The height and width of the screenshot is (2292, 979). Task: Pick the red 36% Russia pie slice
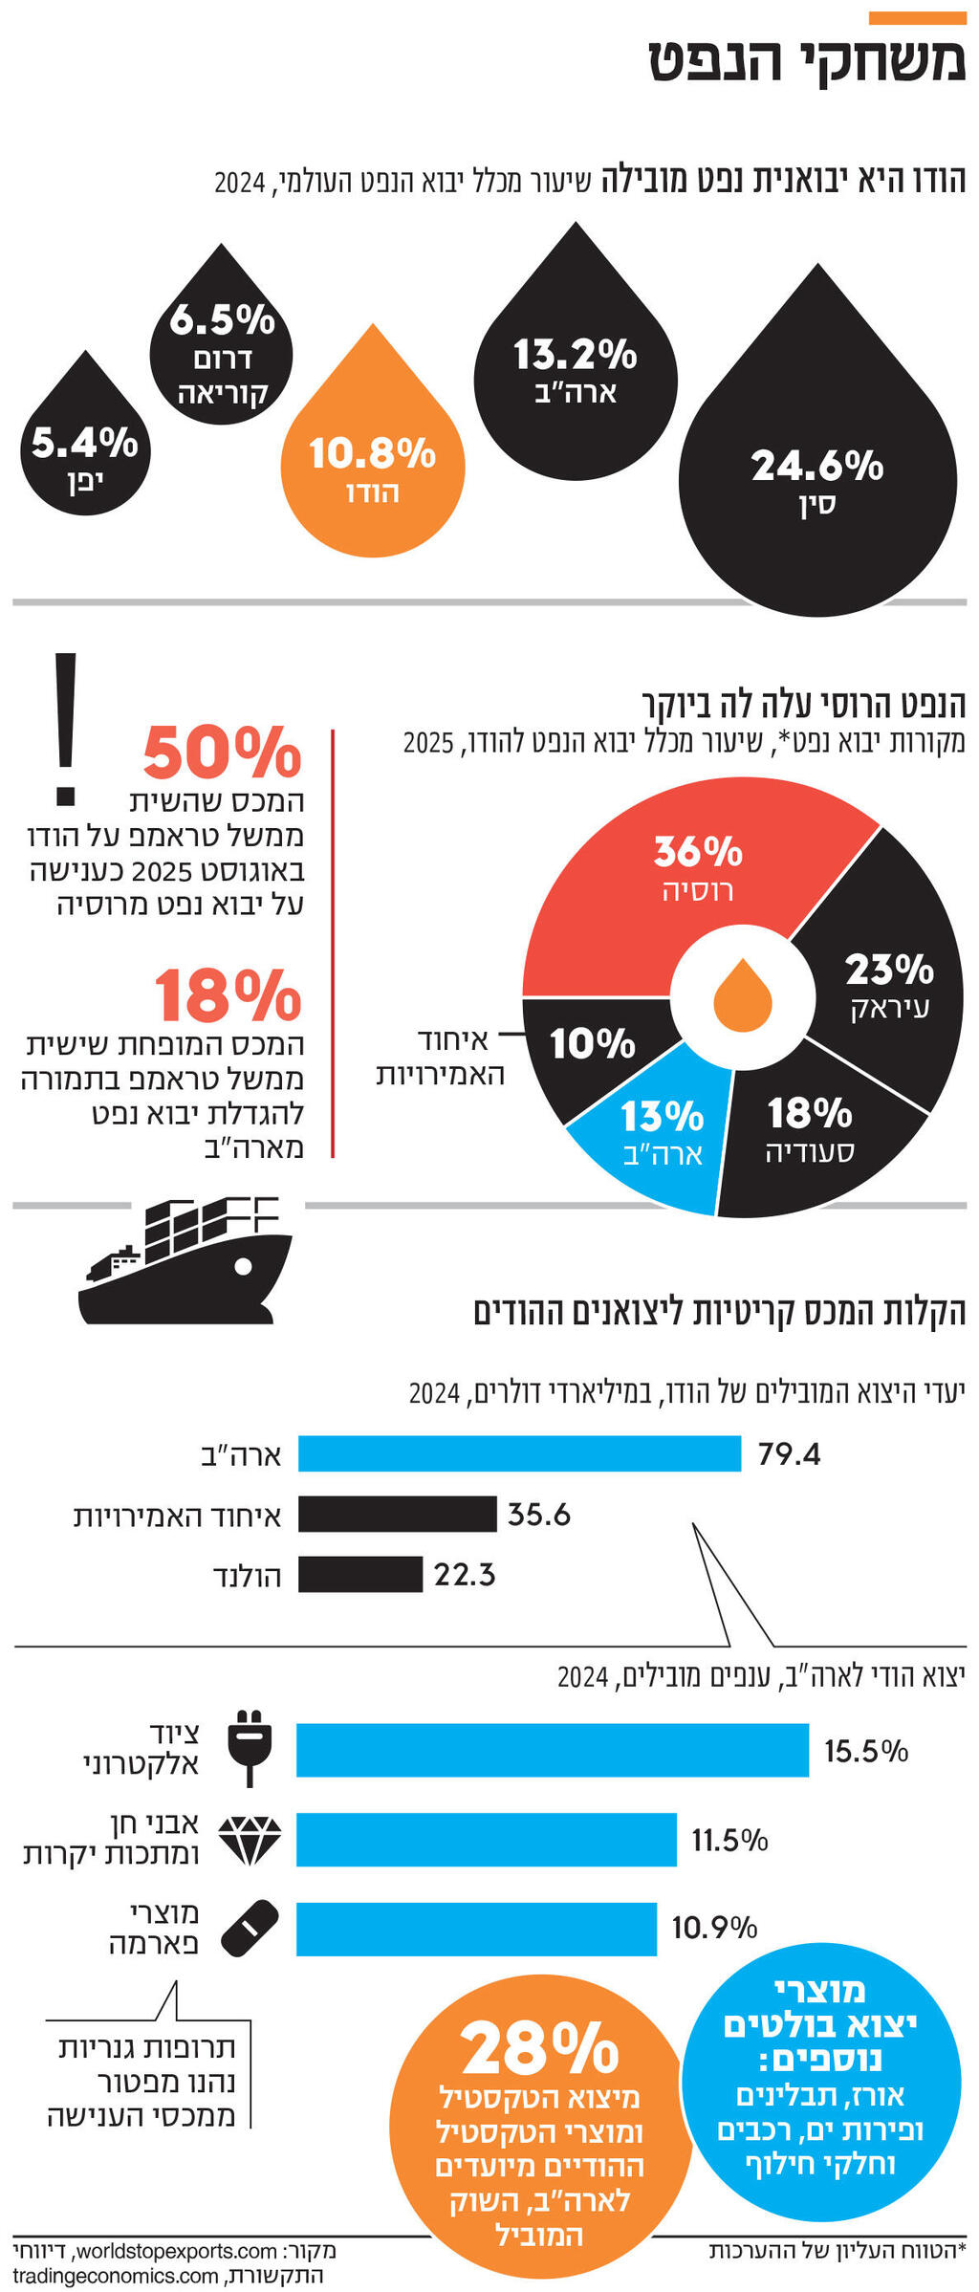[x=669, y=889]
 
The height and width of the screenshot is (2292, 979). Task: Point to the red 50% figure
[x=222, y=753]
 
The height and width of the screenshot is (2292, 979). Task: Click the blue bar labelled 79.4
[x=519, y=1453]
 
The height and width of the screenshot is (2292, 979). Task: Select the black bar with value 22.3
[x=359, y=1574]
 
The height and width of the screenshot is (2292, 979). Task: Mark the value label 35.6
[x=538, y=1515]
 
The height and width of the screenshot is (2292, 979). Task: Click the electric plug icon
[x=250, y=1748]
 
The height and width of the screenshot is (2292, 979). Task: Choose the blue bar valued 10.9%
[x=476, y=1929]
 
